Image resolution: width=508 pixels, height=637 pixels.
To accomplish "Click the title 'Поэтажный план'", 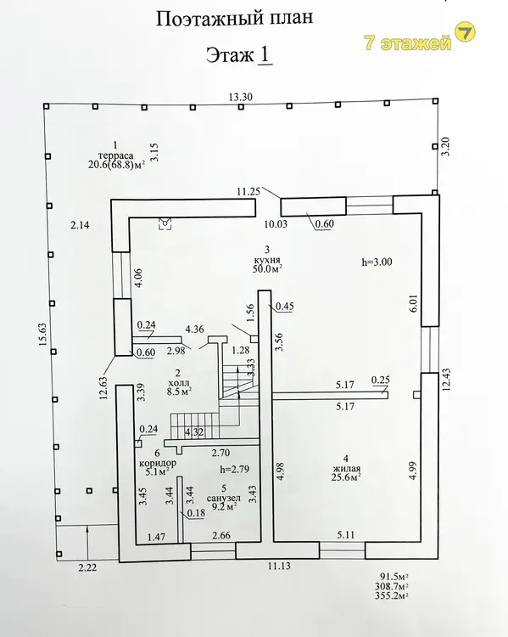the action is point(235,19).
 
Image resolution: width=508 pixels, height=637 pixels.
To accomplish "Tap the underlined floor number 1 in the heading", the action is point(265,55).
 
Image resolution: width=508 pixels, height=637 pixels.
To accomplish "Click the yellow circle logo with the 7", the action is point(465,32).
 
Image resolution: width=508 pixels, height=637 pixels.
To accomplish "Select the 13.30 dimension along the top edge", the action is point(240,97).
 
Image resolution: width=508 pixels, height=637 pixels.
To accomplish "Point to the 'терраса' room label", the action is point(115,155).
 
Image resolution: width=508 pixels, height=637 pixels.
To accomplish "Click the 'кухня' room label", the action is point(266,260).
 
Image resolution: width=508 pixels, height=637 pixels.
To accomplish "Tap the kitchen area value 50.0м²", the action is point(266,268).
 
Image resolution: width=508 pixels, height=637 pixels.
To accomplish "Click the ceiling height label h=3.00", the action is point(377,262).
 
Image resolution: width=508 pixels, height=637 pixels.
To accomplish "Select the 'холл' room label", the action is point(178,383).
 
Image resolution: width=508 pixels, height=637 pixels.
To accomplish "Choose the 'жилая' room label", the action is point(346,469).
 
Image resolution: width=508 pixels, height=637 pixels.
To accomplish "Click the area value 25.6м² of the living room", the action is point(346,477).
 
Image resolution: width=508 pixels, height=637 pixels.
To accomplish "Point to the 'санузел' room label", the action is point(224,498).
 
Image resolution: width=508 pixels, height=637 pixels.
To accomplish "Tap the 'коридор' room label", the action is point(158,463).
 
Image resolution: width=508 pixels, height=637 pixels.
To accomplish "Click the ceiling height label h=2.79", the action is point(235,470).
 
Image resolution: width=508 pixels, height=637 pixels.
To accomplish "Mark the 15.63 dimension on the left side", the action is point(42,335).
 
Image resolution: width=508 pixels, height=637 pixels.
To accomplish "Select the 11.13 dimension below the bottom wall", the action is point(279,566).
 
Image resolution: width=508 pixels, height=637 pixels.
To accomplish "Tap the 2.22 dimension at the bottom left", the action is point(87,567).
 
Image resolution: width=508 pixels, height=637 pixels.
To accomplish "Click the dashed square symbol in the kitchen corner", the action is point(165,223).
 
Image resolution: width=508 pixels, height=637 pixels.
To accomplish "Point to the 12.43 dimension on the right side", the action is point(446,379).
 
